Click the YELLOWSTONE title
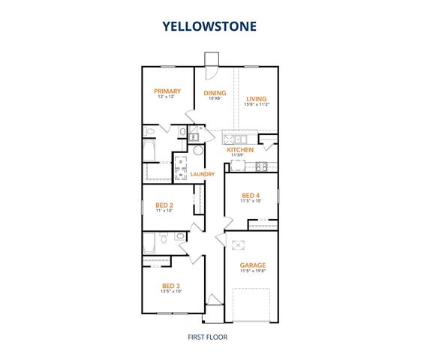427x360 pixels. pos(209,25)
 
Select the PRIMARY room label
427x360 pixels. pos(167,91)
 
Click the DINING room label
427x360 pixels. pos(215,92)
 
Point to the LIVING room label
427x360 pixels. pos(257,98)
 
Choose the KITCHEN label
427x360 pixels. pos(241,150)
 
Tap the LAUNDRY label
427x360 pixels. pos(203,174)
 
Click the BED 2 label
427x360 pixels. pos(164,205)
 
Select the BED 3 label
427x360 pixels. pos(170,285)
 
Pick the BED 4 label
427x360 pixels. pos(251,195)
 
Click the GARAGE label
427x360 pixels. pos(252,265)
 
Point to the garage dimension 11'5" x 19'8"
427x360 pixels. pos(252,272)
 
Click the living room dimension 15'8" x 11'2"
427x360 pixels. pos(257,105)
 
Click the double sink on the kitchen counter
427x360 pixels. pos(239,139)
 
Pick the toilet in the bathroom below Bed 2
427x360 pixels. pos(180,237)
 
